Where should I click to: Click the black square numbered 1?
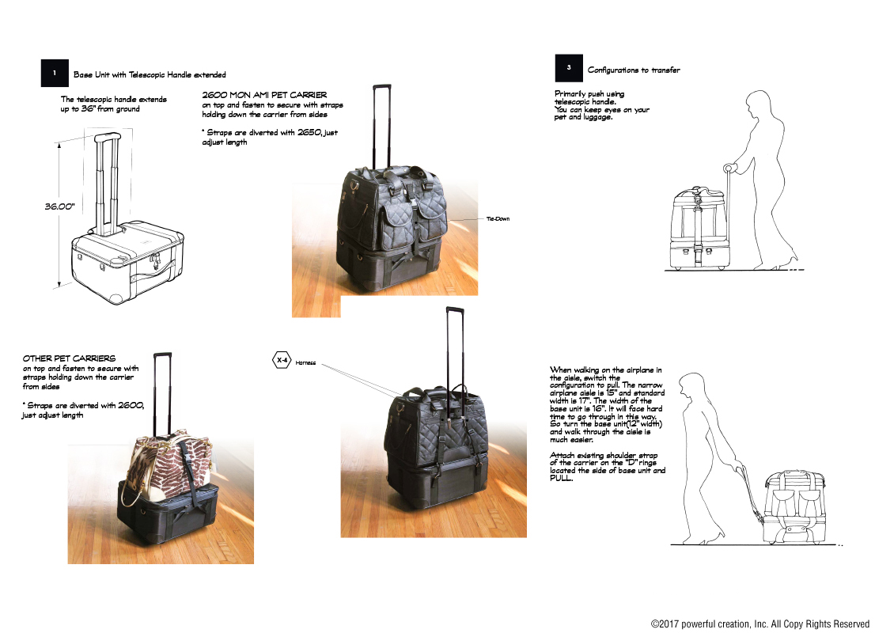[x=55, y=74]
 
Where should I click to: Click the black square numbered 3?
[x=569, y=69]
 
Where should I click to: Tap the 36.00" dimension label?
[x=59, y=206]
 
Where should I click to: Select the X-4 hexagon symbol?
[x=282, y=361]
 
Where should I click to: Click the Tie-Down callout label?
[x=498, y=218]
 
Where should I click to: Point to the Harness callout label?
[x=305, y=363]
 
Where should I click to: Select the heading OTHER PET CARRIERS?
[x=69, y=358]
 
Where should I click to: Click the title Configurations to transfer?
[x=634, y=70]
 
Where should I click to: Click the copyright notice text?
[x=760, y=624]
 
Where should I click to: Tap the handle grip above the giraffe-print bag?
[x=163, y=355]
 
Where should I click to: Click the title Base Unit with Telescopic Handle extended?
[x=150, y=75]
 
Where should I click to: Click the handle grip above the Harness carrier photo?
[x=454, y=309]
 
